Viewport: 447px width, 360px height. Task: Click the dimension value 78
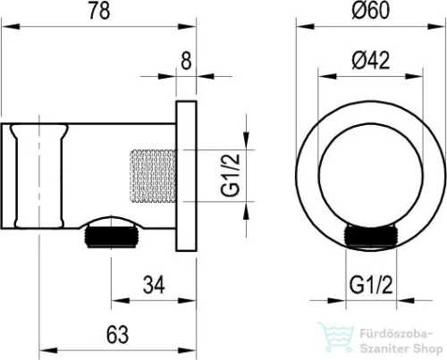[99, 12]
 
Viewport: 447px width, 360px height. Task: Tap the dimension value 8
[186, 61]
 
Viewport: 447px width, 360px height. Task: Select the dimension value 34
[154, 285]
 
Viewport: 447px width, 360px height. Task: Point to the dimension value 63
[117, 334]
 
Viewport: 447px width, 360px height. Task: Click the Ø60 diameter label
[370, 10]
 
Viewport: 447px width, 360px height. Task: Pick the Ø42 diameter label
[370, 61]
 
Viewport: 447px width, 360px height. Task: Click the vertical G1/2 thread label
[231, 175]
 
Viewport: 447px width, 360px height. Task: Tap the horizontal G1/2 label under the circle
[371, 285]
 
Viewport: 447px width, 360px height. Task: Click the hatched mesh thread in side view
[152, 176]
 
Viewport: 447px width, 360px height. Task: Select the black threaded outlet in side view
[112, 237]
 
